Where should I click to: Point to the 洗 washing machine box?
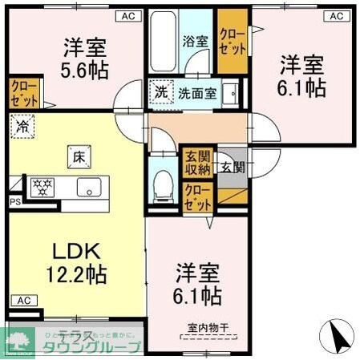160,93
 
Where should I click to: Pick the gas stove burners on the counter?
41,187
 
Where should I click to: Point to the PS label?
14,203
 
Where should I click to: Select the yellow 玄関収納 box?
197,162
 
